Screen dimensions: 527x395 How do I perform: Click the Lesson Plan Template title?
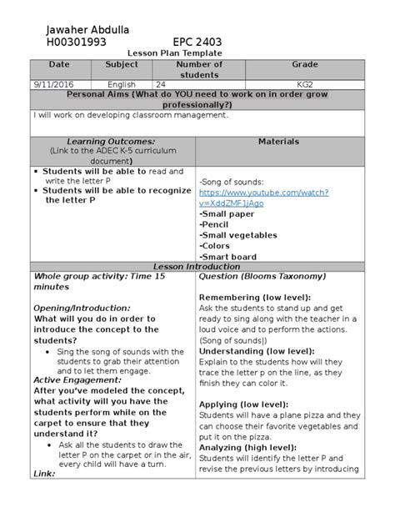click(x=197, y=53)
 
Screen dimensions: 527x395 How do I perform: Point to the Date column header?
click(x=59, y=65)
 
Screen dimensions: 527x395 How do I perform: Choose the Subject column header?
click(x=122, y=65)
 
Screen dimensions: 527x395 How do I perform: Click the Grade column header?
click(x=298, y=65)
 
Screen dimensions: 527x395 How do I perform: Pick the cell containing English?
click(x=122, y=84)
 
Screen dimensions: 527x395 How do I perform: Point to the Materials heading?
click(x=278, y=143)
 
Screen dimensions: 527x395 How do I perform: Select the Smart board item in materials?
click(x=228, y=258)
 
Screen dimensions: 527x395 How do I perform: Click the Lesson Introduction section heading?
click(x=197, y=267)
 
